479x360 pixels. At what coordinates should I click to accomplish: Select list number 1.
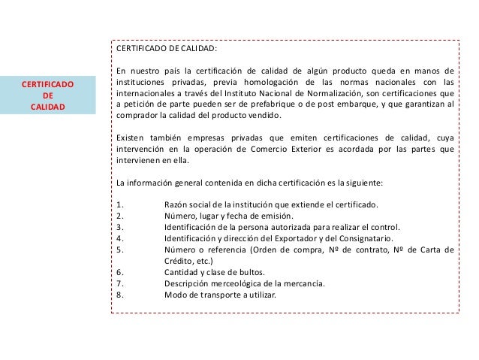[x=121, y=204]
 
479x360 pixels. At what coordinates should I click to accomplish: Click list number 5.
[x=121, y=250]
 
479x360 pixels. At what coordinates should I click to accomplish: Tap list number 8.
[x=121, y=295]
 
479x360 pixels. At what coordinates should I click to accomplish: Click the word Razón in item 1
[x=175, y=204]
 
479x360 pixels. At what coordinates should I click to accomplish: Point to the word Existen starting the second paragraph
[x=132, y=138]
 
